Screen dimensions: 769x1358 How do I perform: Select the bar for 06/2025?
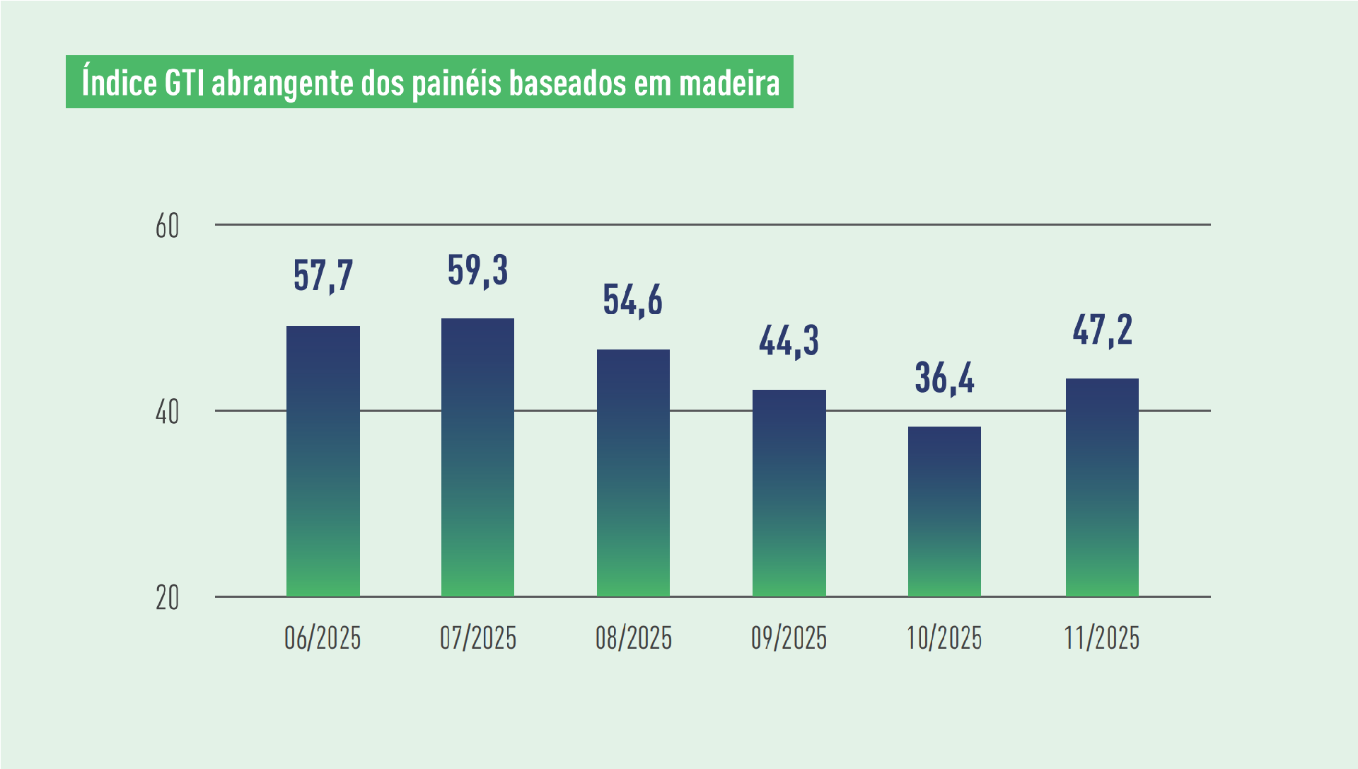pyautogui.click(x=323, y=461)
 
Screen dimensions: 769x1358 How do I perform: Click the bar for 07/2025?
pyautogui.click(x=477, y=458)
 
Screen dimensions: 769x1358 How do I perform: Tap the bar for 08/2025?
pyautogui.click(x=633, y=473)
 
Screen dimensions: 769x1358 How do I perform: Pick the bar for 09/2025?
pyautogui.click(x=789, y=493)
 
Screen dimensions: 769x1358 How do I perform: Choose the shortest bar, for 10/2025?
pyautogui.click(x=944, y=511)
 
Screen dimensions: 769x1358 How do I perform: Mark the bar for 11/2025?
pyautogui.click(x=1102, y=487)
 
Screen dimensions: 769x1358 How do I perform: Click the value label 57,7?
pyautogui.click(x=323, y=275)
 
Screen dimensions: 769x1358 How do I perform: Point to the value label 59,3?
pyautogui.click(x=478, y=270)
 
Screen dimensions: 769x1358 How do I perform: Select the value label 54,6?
pyautogui.click(x=633, y=300)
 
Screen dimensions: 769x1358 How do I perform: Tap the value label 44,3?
pyautogui.click(x=789, y=341)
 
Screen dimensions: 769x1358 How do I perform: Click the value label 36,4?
pyautogui.click(x=944, y=378)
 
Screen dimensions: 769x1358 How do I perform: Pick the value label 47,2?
pyautogui.click(x=1102, y=330)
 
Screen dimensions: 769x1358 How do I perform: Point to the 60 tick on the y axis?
pyautogui.click(x=168, y=226)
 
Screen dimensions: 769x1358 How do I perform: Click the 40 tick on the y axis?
pyautogui.click(x=168, y=412)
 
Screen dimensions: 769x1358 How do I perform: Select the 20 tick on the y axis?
pyautogui.click(x=168, y=599)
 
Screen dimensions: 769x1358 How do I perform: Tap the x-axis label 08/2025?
pyautogui.click(x=633, y=638)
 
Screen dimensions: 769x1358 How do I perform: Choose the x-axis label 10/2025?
pyautogui.click(x=944, y=638)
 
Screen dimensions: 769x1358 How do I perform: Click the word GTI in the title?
pyautogui.click(x=185, y=83)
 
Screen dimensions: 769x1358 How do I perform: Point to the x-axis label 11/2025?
pyautogui.click(x=1102, y=638)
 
